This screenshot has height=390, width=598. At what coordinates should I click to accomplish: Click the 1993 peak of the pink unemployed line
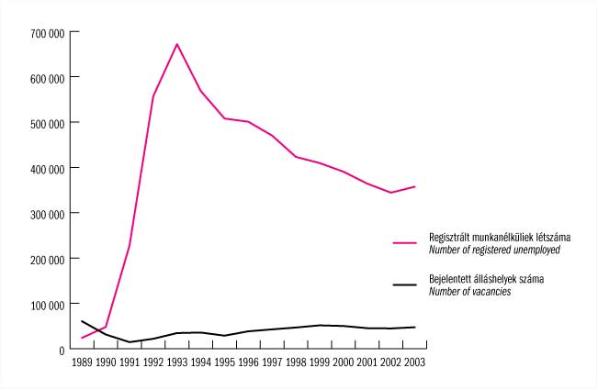click(177, 44)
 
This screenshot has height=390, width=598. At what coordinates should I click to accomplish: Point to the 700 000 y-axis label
click(46, 33)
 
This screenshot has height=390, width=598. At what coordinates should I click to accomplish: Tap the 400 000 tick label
click(46, 169)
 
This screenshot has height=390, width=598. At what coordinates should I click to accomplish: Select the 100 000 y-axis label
click(46, 305)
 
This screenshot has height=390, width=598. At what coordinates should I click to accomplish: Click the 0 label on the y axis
click(61, 350)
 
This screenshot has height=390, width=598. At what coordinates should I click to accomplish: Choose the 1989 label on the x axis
click(82, 362)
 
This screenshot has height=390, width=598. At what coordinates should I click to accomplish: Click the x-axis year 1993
click(177, 362)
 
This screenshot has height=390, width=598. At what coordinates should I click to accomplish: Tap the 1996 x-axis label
click(248, 362)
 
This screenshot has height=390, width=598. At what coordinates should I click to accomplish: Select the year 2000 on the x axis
click(344, 362)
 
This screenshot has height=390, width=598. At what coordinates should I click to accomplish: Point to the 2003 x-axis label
click(415, 362)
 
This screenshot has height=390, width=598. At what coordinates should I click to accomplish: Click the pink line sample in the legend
click(405, 243)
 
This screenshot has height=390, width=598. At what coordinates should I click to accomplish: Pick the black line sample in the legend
click(405, 284)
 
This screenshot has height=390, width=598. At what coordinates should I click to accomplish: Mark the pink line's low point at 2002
click(391, 193)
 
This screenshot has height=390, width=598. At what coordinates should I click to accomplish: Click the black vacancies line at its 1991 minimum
click(130, 342)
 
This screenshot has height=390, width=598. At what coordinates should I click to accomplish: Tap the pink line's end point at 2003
click(415, 186)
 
